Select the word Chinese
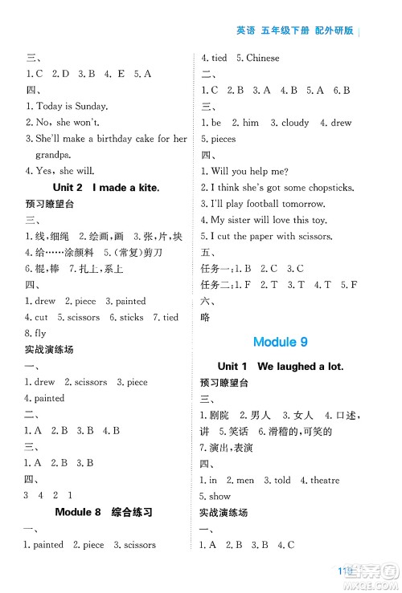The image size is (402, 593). tap(263, 58)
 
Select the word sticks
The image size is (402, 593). tap(132, 317)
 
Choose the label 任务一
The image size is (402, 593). tap(216, 268)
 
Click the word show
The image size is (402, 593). tap(219, 496)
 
